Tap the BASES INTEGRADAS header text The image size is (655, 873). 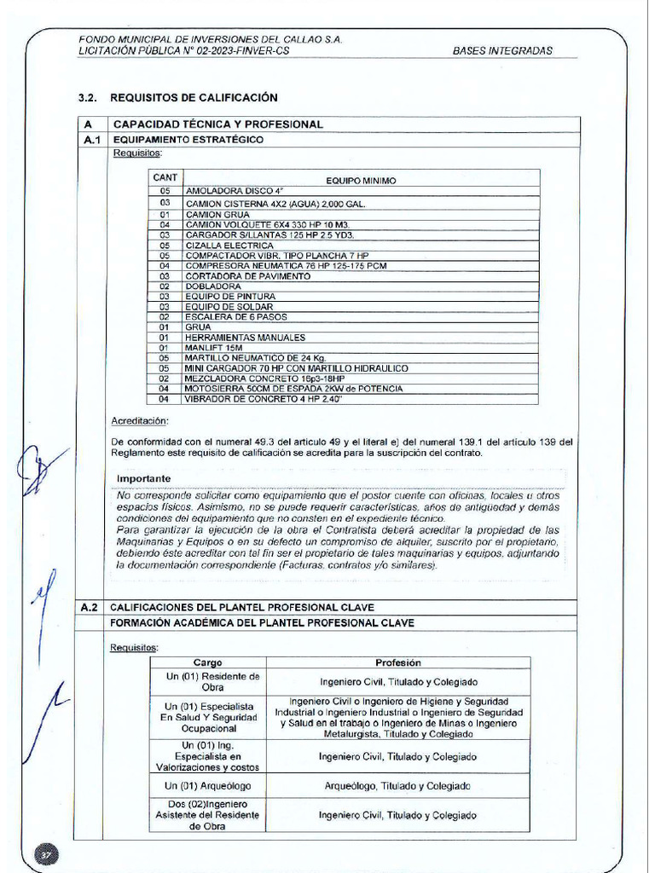502,50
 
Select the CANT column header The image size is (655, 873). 165,177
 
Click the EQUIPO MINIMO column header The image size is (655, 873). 361,181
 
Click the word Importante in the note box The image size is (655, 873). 143,478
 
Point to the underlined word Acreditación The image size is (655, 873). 140,421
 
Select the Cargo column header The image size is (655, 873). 207,662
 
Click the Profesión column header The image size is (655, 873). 398,662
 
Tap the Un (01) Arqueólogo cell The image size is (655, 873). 208,786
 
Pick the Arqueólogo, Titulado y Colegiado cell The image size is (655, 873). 397,786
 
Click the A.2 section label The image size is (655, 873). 90,608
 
